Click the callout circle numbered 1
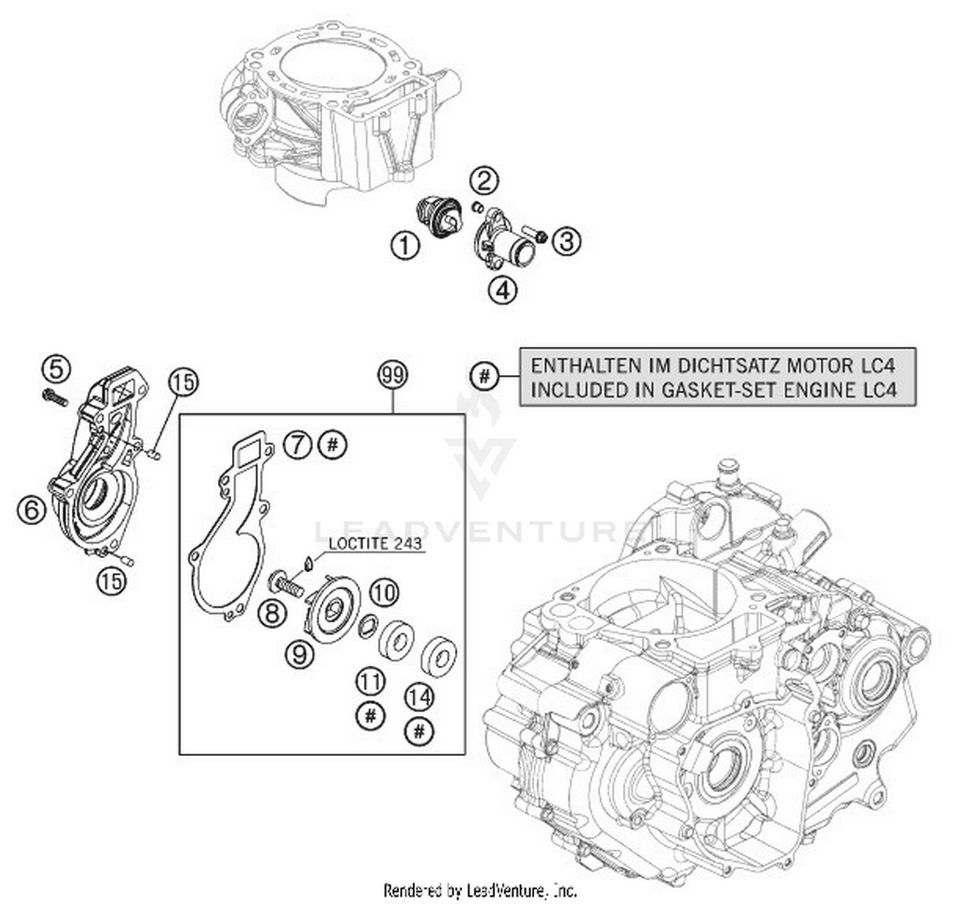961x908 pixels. [405, 246]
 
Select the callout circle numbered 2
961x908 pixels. [485, 181]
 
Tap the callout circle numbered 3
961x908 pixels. [566, 242]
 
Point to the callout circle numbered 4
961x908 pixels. [502, 290]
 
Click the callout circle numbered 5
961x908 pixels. [56, 369]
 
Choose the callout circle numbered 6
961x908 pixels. [32, 510]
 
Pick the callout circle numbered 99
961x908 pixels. [393, 375]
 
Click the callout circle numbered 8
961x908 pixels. [272, 614]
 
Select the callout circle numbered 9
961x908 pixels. [300, 654]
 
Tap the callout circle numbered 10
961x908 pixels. [384, 593]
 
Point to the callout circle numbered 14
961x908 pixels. [420, 697]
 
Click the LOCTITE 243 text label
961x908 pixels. [375, 543]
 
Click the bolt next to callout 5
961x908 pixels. [55, 398]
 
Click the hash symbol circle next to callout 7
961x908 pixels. [332, 444]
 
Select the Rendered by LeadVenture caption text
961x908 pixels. [480, 890]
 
